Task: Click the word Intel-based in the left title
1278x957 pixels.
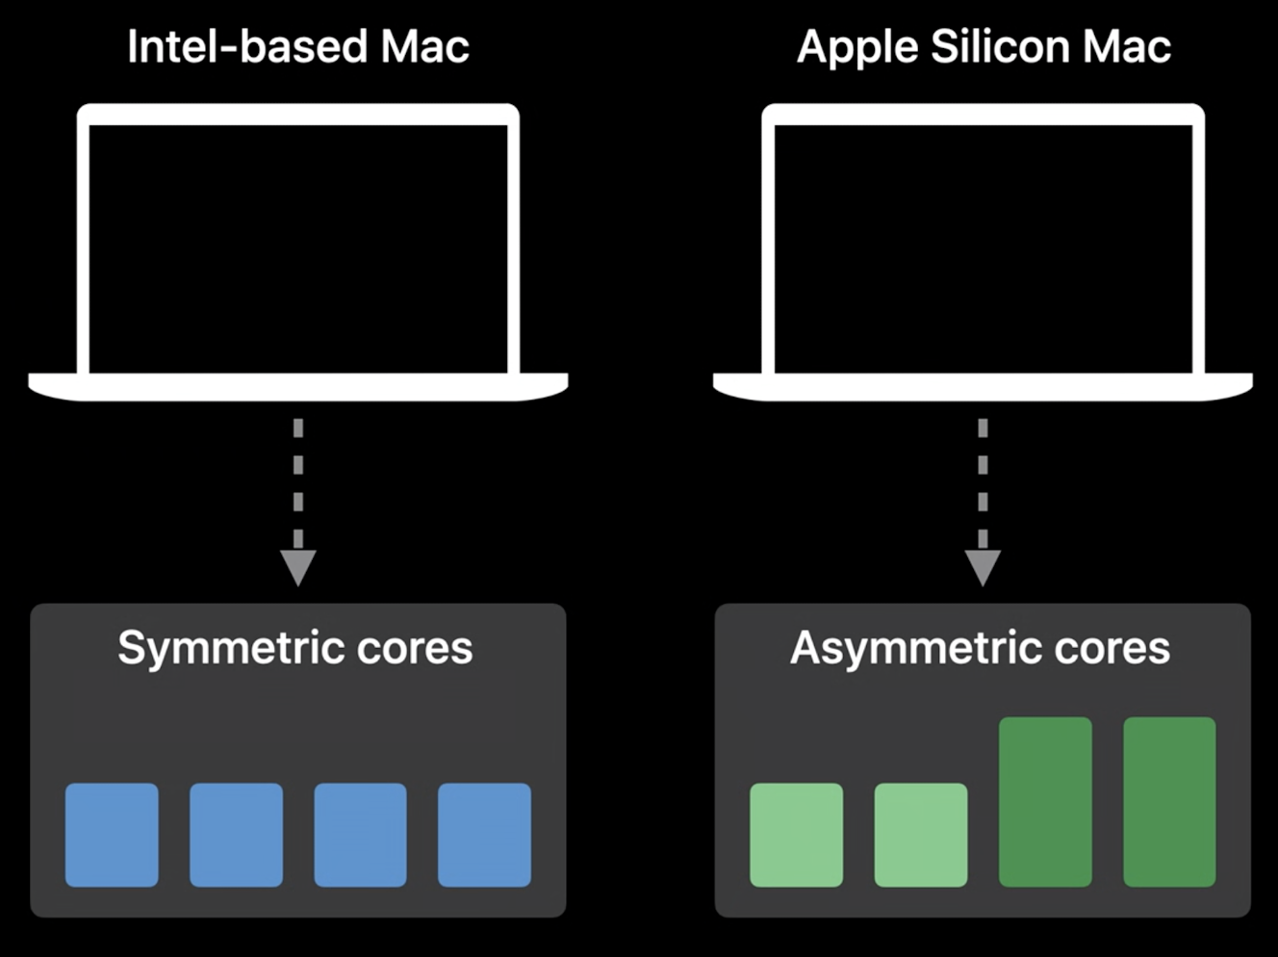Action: point(247,46)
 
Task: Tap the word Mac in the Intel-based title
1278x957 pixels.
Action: point(425,46)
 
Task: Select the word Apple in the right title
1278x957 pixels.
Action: point(857,49)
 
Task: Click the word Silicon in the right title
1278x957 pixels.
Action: point(1000,46)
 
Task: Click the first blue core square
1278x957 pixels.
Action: point(112,835)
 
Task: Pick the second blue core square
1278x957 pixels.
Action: point(237,835)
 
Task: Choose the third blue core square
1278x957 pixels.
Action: point(361,835)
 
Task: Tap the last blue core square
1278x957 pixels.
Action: point(484,835)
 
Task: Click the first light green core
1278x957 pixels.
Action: point(797,835)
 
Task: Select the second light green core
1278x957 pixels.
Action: point(921,835)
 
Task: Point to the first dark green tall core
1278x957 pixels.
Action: point(1045,802)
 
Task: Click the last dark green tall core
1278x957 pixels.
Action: point(1169,802)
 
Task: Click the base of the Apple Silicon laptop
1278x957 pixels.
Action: point(983,387)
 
